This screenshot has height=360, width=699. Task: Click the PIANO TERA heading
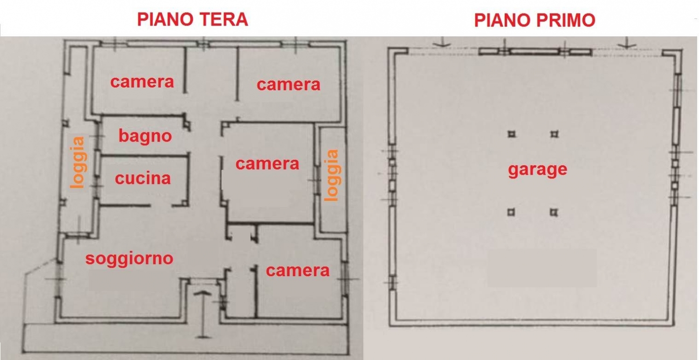192,20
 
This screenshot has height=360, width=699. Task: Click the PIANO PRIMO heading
535,20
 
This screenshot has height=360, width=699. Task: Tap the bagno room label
145,136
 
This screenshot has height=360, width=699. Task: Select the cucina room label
143,178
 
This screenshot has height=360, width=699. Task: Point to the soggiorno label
129,258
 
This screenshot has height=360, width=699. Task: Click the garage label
537,170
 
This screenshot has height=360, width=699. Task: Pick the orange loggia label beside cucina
77,162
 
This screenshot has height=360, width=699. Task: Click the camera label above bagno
142,82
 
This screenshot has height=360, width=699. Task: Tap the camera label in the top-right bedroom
288,85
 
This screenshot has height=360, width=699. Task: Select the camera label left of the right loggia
267,164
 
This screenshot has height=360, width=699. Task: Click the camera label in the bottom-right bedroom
297,271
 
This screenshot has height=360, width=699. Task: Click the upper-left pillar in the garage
512,134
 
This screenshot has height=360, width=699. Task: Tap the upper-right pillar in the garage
554,135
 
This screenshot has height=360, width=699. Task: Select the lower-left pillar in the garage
511,212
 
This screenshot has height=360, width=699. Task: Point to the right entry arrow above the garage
627,43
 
